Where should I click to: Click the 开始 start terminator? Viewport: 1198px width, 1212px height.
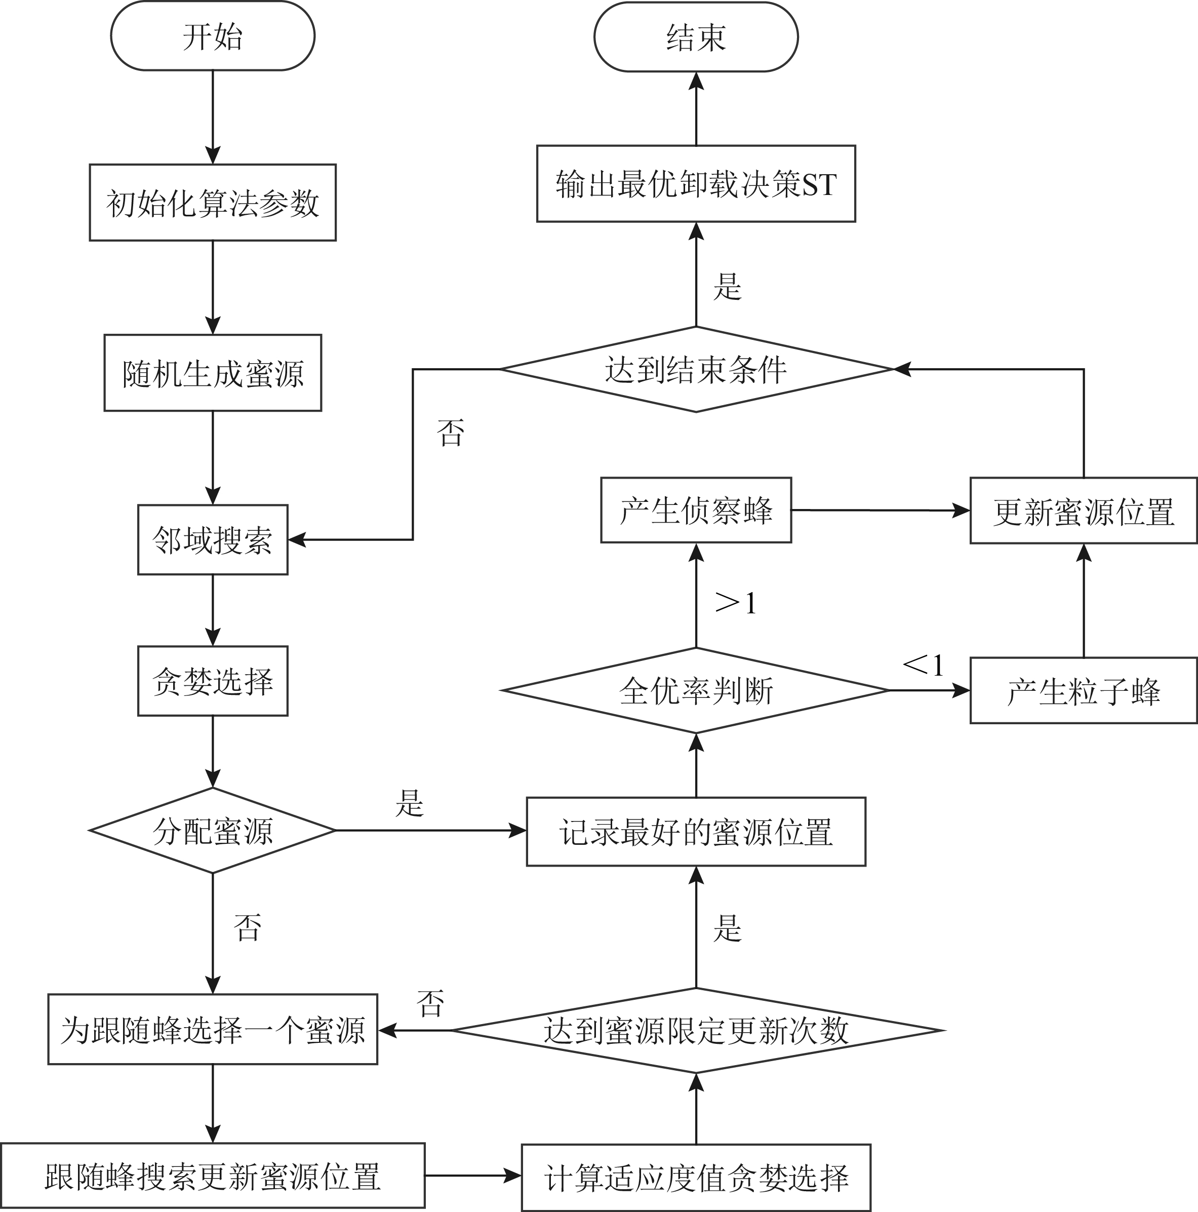[213, 36]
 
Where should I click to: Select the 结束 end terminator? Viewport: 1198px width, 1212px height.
[696, 37]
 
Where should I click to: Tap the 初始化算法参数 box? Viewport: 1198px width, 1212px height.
[213, 203]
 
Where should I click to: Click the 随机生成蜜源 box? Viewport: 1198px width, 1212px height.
[213, 373]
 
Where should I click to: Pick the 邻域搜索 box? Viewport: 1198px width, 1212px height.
[213, 539]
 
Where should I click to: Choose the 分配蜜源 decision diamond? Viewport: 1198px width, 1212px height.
[213, 831]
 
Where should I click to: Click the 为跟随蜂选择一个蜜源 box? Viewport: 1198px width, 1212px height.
[213, 1030]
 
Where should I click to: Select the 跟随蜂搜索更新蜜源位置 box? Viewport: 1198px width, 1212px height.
[213, 1176]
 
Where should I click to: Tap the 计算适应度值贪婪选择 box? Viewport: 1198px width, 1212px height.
[696, 1178]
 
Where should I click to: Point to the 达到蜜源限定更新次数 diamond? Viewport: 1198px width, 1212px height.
[696, 1030]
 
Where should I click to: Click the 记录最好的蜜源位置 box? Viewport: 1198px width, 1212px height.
[696, 832]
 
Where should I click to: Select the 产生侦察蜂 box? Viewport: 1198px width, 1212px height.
[696, 510]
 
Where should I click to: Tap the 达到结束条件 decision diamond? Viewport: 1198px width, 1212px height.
[696, 370]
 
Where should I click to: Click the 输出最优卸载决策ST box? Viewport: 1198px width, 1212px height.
[696, 184]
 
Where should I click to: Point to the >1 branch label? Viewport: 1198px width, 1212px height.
[736, 603]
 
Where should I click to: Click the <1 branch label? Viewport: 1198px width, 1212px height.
[923, 665]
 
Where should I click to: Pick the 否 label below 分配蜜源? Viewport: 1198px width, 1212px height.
[247, 927]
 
